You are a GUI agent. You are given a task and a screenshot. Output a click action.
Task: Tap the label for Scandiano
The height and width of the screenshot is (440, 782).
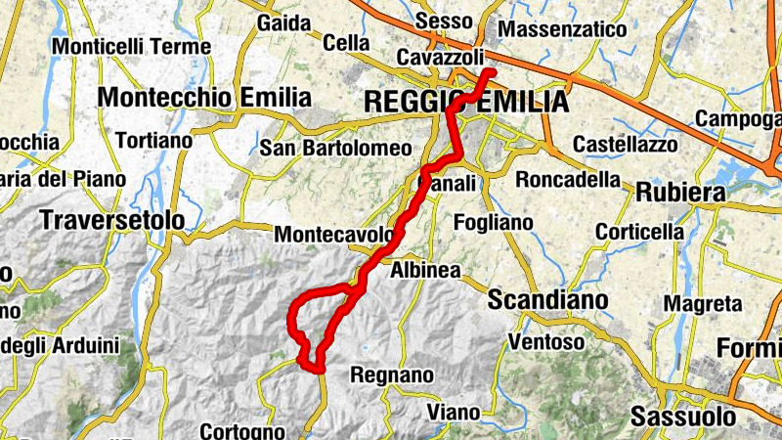pos(547,299)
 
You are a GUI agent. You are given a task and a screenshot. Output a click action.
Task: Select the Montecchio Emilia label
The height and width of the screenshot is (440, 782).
pos(204,98)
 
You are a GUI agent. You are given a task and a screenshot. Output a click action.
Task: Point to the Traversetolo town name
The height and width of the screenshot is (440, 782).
pos(112,221)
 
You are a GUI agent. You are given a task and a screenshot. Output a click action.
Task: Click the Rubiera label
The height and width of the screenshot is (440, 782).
pos(680,193)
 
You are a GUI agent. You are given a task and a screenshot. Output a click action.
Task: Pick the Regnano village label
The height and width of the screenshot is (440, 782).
pos(391,374)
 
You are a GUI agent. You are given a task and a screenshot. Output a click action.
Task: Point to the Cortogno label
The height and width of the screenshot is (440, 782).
pos(243,430)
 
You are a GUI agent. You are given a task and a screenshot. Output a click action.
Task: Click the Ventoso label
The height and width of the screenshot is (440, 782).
pos(546,342)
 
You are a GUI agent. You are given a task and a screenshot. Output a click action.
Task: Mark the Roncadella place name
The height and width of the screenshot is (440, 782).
pos(568,180)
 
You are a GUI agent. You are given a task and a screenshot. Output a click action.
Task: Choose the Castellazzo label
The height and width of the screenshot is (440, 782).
pos(626,144)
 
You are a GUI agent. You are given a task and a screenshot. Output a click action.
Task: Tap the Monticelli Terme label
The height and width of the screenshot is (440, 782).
pos(131,46)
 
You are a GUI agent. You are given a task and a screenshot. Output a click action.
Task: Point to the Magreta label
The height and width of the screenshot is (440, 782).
pos(703,304)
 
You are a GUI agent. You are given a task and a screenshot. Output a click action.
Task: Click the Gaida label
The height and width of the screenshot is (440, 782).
pos(283,22)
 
